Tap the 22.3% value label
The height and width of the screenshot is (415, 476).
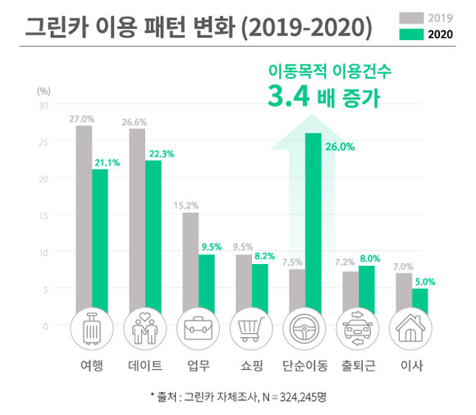161,153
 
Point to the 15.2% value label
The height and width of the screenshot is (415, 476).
190,206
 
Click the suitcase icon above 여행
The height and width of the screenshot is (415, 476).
91,331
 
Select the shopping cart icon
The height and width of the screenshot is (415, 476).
251,331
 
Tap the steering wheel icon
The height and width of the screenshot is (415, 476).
304,331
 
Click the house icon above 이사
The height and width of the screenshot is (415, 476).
411,331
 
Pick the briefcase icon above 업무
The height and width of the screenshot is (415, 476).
198,331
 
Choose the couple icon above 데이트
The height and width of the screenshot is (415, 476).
144,331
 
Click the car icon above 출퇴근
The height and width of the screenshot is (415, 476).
358,331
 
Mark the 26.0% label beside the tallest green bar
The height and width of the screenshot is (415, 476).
339,148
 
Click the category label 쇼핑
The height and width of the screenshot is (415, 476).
251,366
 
